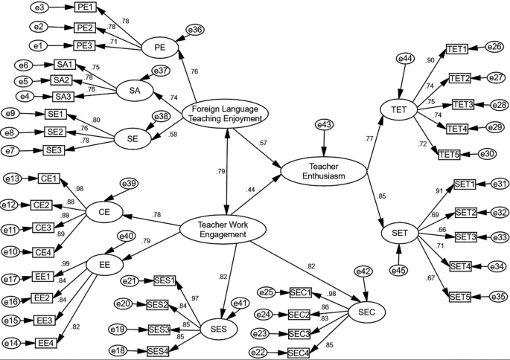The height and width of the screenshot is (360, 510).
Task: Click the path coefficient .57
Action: click(262, 142)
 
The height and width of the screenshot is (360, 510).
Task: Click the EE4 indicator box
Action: click(46, 343)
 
